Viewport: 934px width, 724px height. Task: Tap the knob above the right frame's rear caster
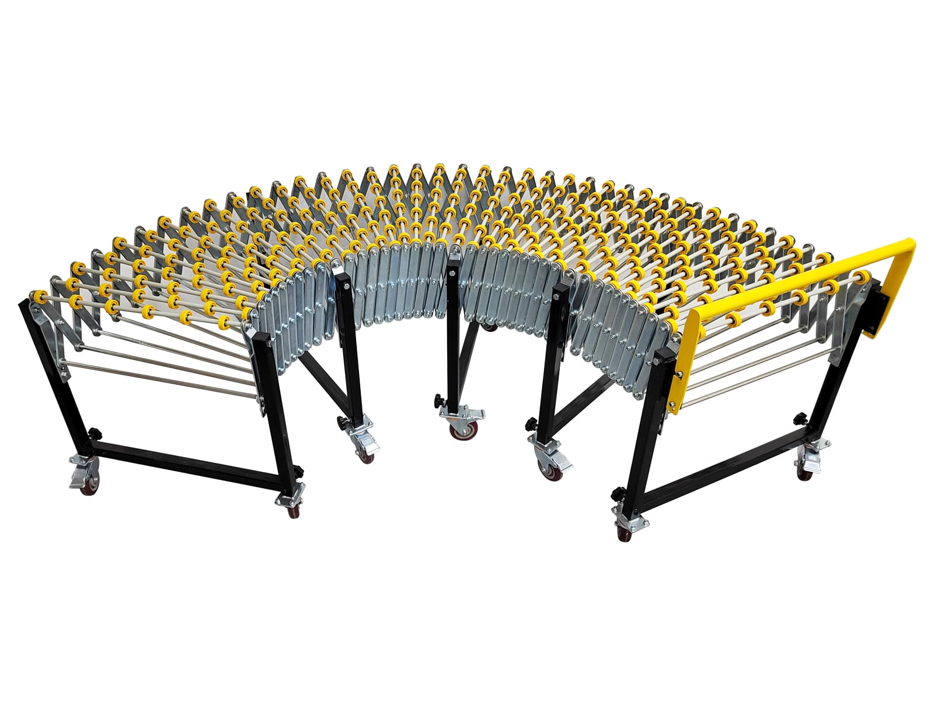pos(801,419)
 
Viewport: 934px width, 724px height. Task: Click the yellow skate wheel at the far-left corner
pos(40,297)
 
